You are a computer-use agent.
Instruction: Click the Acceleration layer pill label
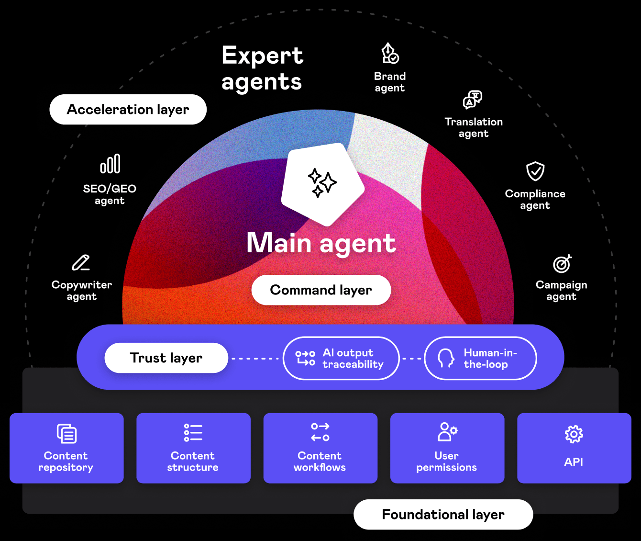tap(128, 110)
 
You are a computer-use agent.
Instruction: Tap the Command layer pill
tap(321, 290)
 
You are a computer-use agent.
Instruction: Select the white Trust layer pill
tap(166, 358)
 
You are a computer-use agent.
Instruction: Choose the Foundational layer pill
tap(443, 515)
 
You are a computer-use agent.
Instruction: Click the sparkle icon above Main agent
tap(322, 183)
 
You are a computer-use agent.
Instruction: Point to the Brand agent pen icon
tap(390, 54)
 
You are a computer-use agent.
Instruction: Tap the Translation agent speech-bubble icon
tap(473, 100)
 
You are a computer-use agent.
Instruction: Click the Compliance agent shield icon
tap(535, 171)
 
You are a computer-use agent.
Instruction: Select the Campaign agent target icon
tap(562, 263)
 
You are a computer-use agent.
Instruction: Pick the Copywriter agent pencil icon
tap(81, 263)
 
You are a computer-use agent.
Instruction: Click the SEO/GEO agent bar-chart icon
tap(110, 164)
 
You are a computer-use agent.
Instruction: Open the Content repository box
tap(66, 448)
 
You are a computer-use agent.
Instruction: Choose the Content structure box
tap(193, 448)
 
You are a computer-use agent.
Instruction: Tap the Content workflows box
tap(320, 448)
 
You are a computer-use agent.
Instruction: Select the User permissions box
tap(447, 448)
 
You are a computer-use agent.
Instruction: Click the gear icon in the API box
tap(574, 434)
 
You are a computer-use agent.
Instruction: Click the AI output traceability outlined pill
tap(341, 359)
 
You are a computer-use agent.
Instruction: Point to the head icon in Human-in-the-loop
tap(446, 358)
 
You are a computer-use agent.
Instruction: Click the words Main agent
tap(321, 243)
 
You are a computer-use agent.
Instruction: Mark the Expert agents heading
tap(262, 68)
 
